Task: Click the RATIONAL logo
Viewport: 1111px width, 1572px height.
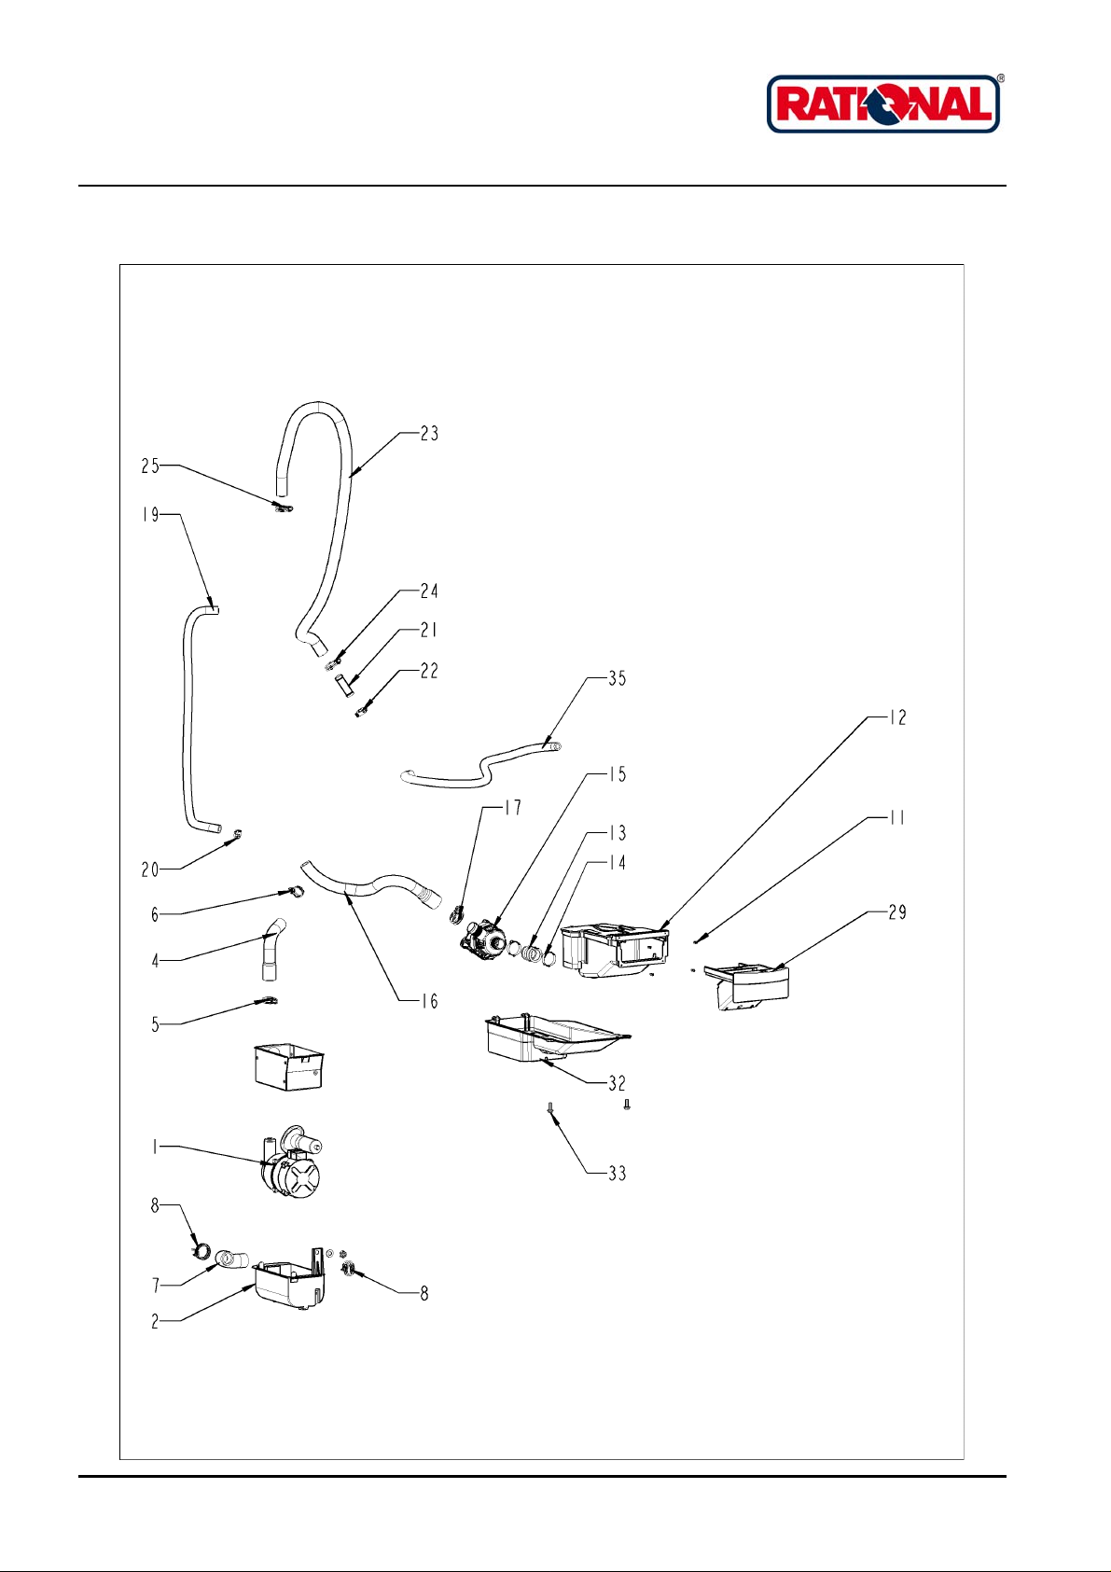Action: pos(884,104)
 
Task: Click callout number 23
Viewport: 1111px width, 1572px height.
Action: pos(429,434)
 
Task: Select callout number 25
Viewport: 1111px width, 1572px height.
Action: pos(150,466)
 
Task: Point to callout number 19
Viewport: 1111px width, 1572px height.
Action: pos(150,514)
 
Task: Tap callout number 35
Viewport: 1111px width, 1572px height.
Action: pos(617,678)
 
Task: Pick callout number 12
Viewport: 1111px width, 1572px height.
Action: pos(897,717)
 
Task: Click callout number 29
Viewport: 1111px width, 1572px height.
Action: pos(897,912)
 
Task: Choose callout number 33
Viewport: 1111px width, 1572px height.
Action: pos(617,1174)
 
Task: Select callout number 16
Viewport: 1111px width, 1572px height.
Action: pos(429,1001)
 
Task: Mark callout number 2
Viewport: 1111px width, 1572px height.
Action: pos(155,1321)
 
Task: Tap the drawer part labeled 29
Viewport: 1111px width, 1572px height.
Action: pos(746,986)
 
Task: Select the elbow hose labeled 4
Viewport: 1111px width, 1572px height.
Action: pos(271,949)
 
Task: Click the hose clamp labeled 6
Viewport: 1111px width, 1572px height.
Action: pos(293,892)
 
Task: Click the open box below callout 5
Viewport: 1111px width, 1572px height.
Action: pos(288,1066)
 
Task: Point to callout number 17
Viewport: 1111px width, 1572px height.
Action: pos(513,808)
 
